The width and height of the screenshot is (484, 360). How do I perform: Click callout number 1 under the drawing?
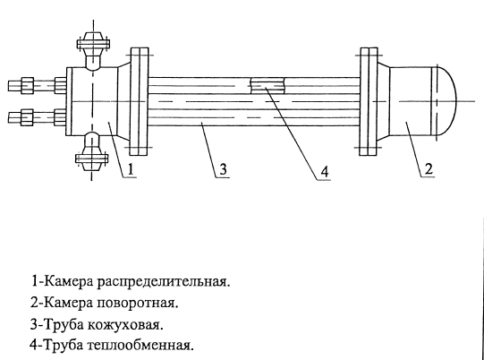tap(131, 169)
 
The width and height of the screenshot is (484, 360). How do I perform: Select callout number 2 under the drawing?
tap(429, 169)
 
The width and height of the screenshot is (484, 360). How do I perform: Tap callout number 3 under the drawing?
tap(223, 169)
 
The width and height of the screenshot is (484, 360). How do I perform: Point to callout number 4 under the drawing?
tap(324, 172)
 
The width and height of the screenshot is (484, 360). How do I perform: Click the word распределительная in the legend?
tap(164, 283)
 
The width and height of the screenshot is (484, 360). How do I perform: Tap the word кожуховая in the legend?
tap(125, 325)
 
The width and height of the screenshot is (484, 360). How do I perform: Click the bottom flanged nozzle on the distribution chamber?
tap(92, 151)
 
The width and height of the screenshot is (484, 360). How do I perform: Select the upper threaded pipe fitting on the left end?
tap(37, 85)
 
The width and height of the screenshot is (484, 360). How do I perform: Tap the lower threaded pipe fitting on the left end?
tap(37, 117)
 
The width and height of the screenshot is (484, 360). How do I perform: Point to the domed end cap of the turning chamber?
tap(445, 101)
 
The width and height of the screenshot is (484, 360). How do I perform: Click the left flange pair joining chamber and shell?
tap(140, 101)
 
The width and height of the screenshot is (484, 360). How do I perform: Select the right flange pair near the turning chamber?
tap(369, 101)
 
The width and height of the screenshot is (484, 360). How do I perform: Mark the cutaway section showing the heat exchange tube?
tap(267, 85)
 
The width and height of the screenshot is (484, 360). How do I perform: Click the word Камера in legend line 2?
tap(69, 304)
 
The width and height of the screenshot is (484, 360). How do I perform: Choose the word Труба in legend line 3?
tap(64, 325)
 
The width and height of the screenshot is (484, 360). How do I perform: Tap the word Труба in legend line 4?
tap(64, 345)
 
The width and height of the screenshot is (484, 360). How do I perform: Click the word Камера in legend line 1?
tap(69, 282)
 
